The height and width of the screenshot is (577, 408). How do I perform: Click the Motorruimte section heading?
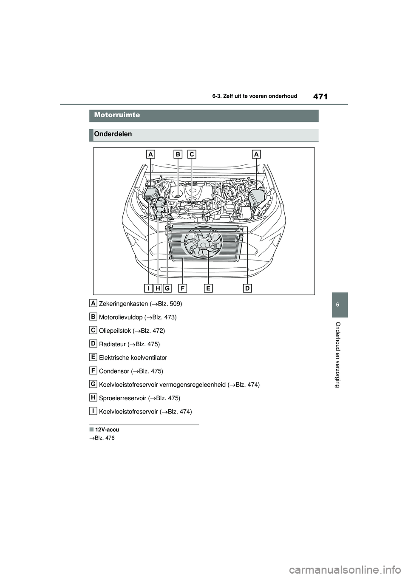(117, 115)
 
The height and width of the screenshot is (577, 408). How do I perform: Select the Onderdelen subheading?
(113, 134)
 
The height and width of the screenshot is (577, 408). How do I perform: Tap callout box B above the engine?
(178, 155)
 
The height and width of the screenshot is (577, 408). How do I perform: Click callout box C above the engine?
(192, 155)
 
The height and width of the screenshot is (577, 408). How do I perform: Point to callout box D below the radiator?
(247, 288)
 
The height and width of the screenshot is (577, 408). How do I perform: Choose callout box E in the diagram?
(208, 288)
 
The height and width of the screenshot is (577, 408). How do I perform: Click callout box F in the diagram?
(182, 288)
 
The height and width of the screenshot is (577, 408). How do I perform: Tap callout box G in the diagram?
(167, 288)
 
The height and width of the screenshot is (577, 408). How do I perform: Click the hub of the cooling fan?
(203, 245)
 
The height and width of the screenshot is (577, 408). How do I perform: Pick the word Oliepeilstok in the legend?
(114, 331)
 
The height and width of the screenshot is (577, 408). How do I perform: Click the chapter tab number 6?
(340, 305)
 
